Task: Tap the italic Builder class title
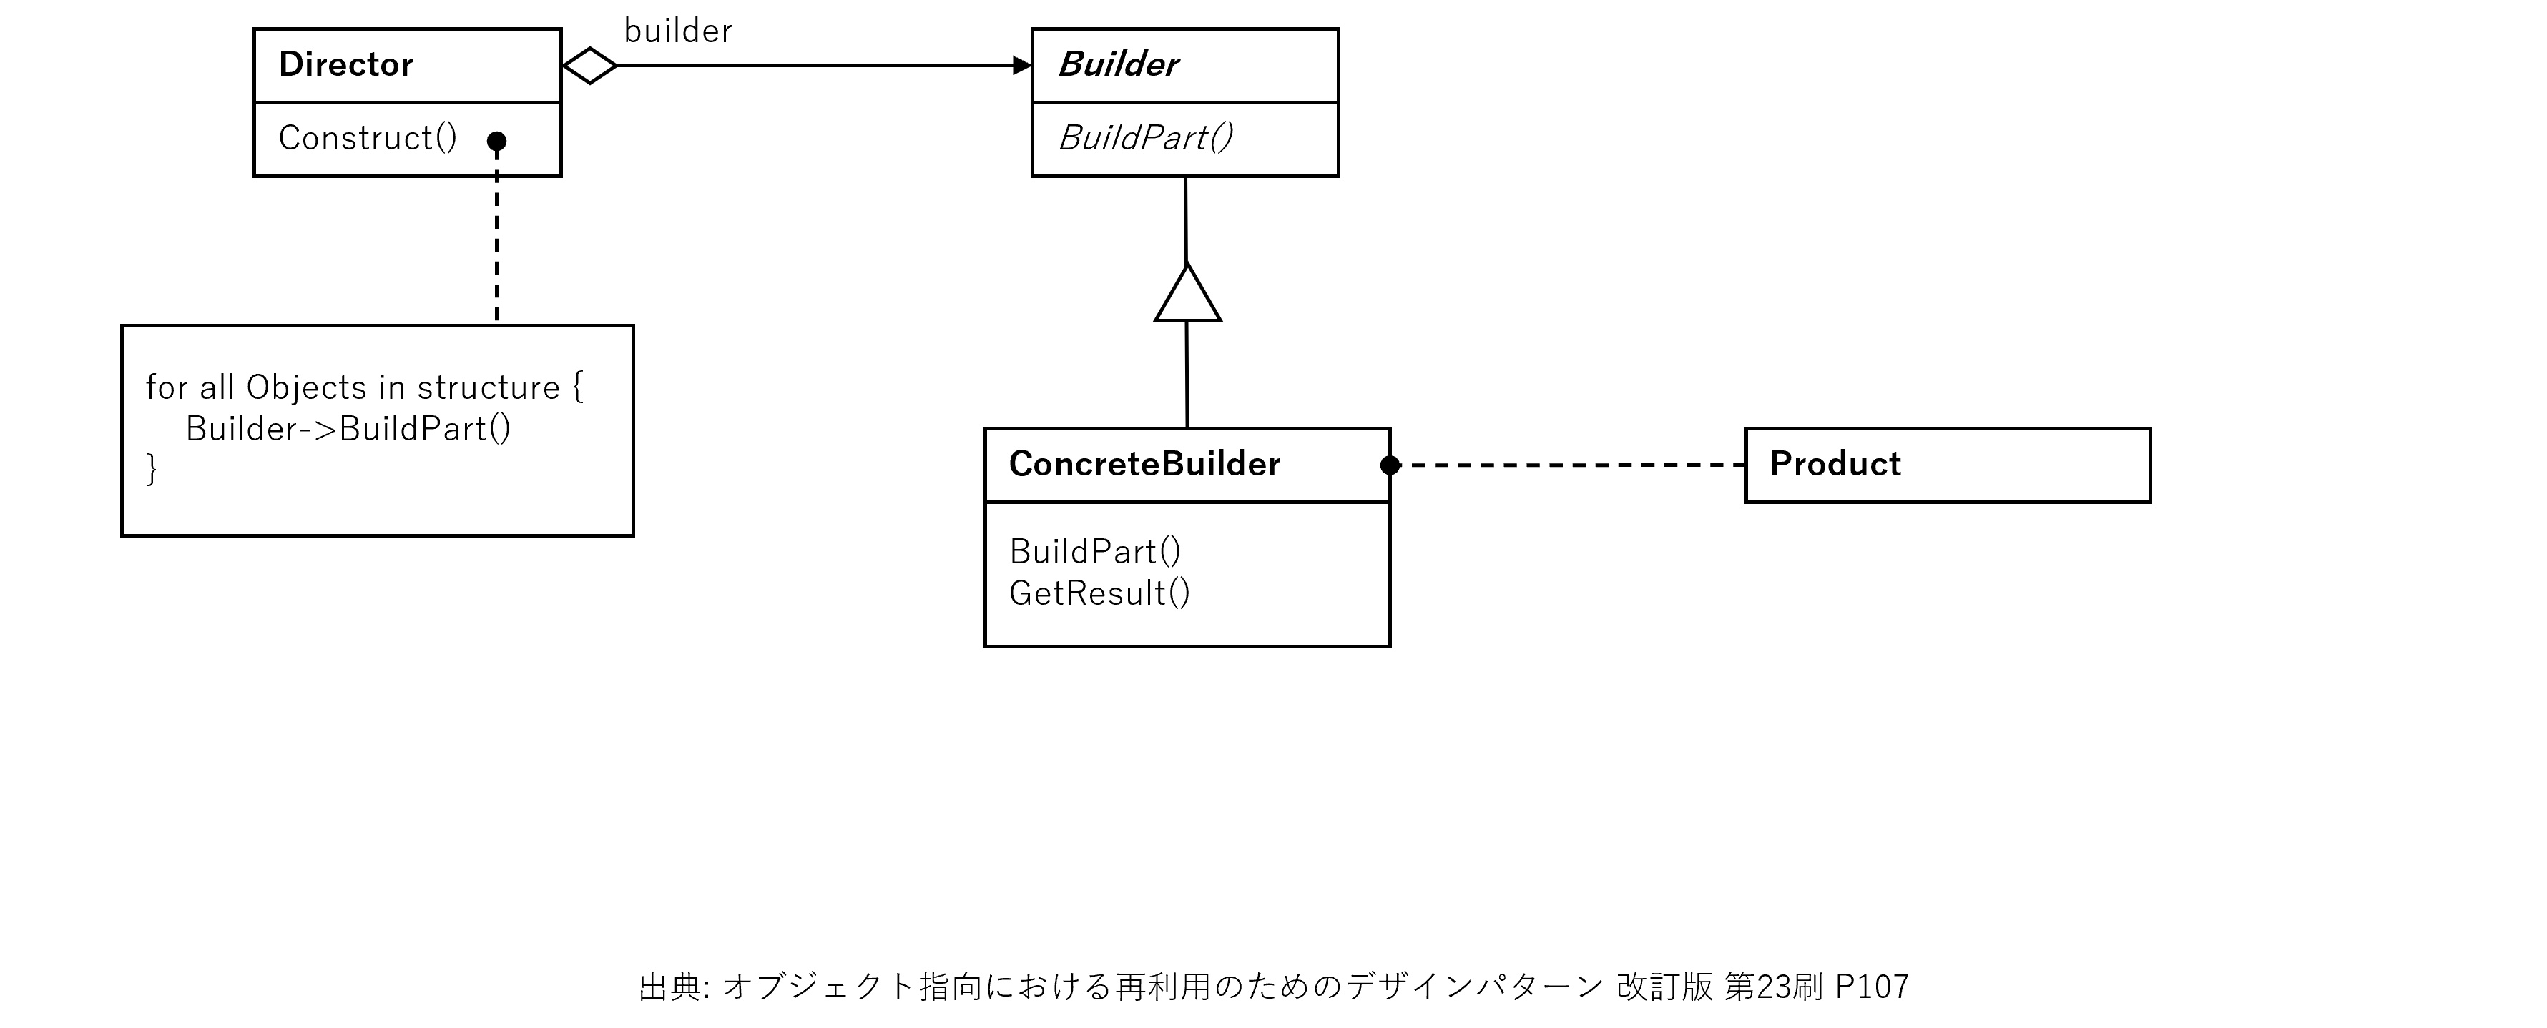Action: [x=1117, y=64]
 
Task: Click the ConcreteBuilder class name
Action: [x=1144, y=463]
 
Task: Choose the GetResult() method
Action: [x=1099, y=593]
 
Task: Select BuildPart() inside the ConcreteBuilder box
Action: [x=1094, y=550]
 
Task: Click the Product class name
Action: [x=1835, y=463]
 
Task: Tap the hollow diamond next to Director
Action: [x=589, y=66]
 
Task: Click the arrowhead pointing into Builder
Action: [x=1021, y=66]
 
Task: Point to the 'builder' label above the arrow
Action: [x=678, y=31]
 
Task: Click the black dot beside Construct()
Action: [x=496, y=142]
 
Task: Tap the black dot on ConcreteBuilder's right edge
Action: [x=1390, y=465]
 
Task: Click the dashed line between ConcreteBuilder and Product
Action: [x=1572, y=465]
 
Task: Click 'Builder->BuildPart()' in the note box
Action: [x=348, y=429]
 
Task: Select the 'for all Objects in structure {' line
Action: [x=364, y=387]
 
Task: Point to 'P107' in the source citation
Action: [x=1872, y=987]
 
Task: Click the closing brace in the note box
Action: [x=152, y=468]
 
